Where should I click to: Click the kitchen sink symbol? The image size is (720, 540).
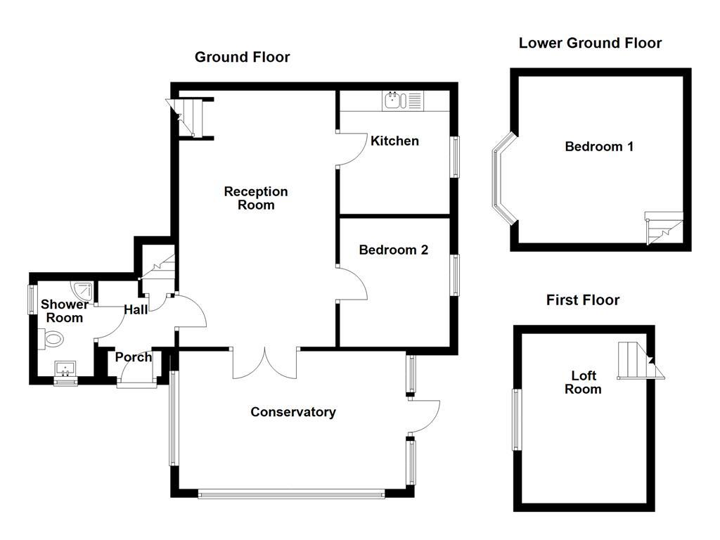pyautogui.click(x=394, y=101)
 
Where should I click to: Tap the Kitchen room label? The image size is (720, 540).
pyautogui.click(x=394, y=141)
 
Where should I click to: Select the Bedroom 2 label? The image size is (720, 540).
pyautogui.click(x=393, y=250)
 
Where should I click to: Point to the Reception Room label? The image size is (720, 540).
pyautogui.click(x=256, y=198)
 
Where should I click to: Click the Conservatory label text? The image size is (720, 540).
pyautogui.click(x=292, y=412)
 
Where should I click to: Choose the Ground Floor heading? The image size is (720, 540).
pyautogui.click(x=242, y=57)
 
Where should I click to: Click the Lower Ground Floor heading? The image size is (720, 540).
pyautogui.click(x=589, y=43)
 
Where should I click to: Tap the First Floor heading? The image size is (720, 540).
pyautogui.click(x=582, y=300)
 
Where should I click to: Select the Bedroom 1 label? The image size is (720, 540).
pyautogui.click(x=599, y=146)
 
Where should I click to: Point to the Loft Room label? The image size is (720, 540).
pyautogui.click(x=583, y=382)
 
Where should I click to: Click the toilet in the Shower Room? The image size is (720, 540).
pyautogui.click(x=52, y=340)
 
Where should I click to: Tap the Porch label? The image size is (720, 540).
pyautogui.click(x=134, y=357)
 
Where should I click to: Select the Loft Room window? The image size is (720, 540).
pyautogui.click(x=516, y=420)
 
